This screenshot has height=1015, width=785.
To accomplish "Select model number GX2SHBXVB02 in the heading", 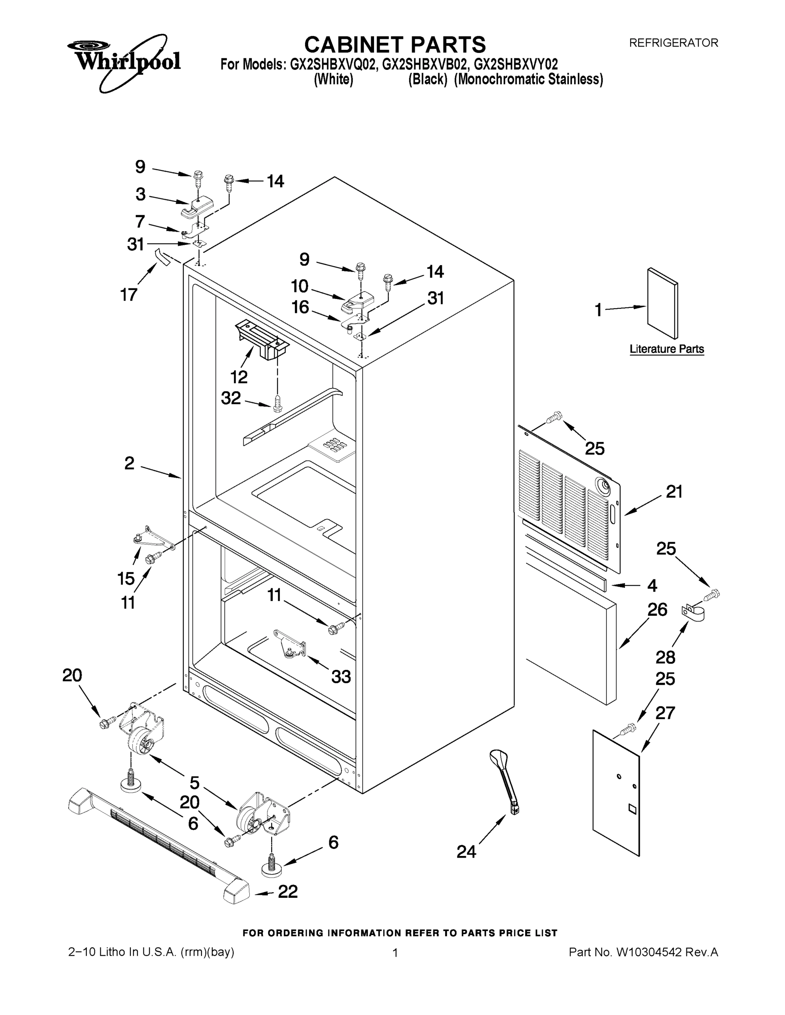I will pyautogui.click(x=424, y=64).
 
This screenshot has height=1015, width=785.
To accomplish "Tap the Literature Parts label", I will pyautogui.click(x=667, y=348).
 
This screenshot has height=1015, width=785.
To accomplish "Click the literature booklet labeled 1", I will pyautogui.click(x=663, y=303).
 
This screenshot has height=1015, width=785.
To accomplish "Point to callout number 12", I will pyautogui.click(x=239, y=376).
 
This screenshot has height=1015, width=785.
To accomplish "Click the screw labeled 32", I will pyautogui.click(x=278, y=403).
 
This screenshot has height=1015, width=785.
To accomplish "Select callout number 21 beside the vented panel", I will pyautogui.click(x=674, y=492).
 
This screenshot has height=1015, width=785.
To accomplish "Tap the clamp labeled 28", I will pyautogui.click(x=692, y=612).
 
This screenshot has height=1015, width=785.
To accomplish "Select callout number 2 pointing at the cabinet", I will pyautogui.click(x=129, y=463).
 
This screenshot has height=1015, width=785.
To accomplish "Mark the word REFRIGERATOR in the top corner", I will pyautogui.click(x=673, y=43).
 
